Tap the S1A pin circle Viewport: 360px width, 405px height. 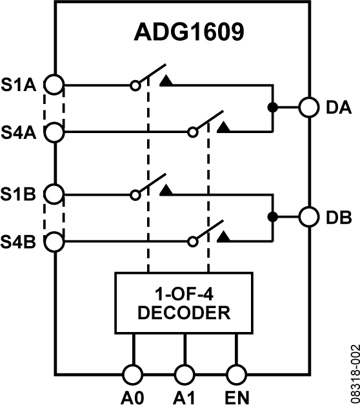click(x=56, y=85)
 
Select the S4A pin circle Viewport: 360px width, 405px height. click(x=56, y=132)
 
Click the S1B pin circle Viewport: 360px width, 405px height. click(x=56, y=193)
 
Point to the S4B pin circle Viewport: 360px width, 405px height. click(x=56, y=242)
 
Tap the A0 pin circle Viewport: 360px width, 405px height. click(x=132, y=374)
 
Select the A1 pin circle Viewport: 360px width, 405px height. click(x=185, y=374)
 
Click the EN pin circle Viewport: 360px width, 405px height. click(x=237, y=374)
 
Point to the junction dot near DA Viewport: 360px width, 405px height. click(x=273, y=107)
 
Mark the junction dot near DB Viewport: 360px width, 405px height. click(x=273, y=216)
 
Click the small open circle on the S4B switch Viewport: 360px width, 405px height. click(x=192, y=242)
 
